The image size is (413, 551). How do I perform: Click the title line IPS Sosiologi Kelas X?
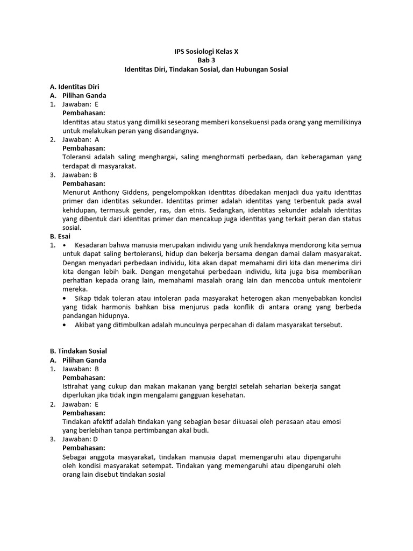click(x=206, y=51)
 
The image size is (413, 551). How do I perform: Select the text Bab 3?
click(x=206, y=60)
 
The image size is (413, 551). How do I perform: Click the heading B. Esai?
click(x=60, y=236)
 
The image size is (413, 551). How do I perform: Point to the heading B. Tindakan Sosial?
click(x=78, y=351)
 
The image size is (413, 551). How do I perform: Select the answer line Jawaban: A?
click(x=81, y=139)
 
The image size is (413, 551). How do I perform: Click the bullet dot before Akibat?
click(x=65, y=324)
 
